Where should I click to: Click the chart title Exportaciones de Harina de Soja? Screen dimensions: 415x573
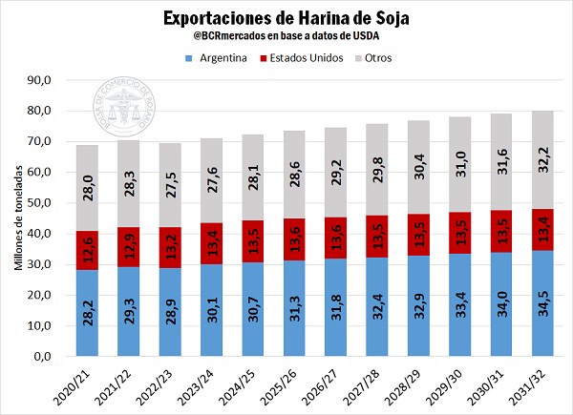point(286,18)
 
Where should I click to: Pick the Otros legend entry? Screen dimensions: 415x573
point(375,58)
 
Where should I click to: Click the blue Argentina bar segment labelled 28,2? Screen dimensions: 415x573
point(88,313)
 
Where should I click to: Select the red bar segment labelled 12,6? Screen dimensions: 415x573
point(88,250)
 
